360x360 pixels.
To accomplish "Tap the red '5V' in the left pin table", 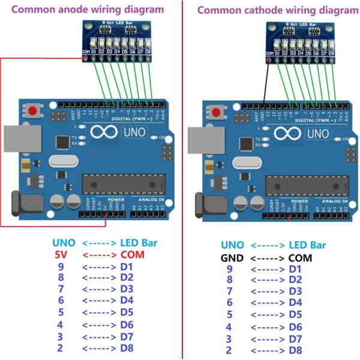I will [61, 254].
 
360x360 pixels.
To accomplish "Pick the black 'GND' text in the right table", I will [232, 257].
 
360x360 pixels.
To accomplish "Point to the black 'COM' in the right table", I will [300, 257].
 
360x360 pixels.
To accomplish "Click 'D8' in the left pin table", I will [126, 347].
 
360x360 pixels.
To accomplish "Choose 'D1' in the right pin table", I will [295, 269].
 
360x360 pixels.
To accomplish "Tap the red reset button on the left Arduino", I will [31, 111].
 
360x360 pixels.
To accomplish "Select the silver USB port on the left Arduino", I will [19, 140].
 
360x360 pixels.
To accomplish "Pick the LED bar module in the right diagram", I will [299, 43].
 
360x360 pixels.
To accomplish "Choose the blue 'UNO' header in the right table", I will [232, 245].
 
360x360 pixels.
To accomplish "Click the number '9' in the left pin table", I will [61, 266].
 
